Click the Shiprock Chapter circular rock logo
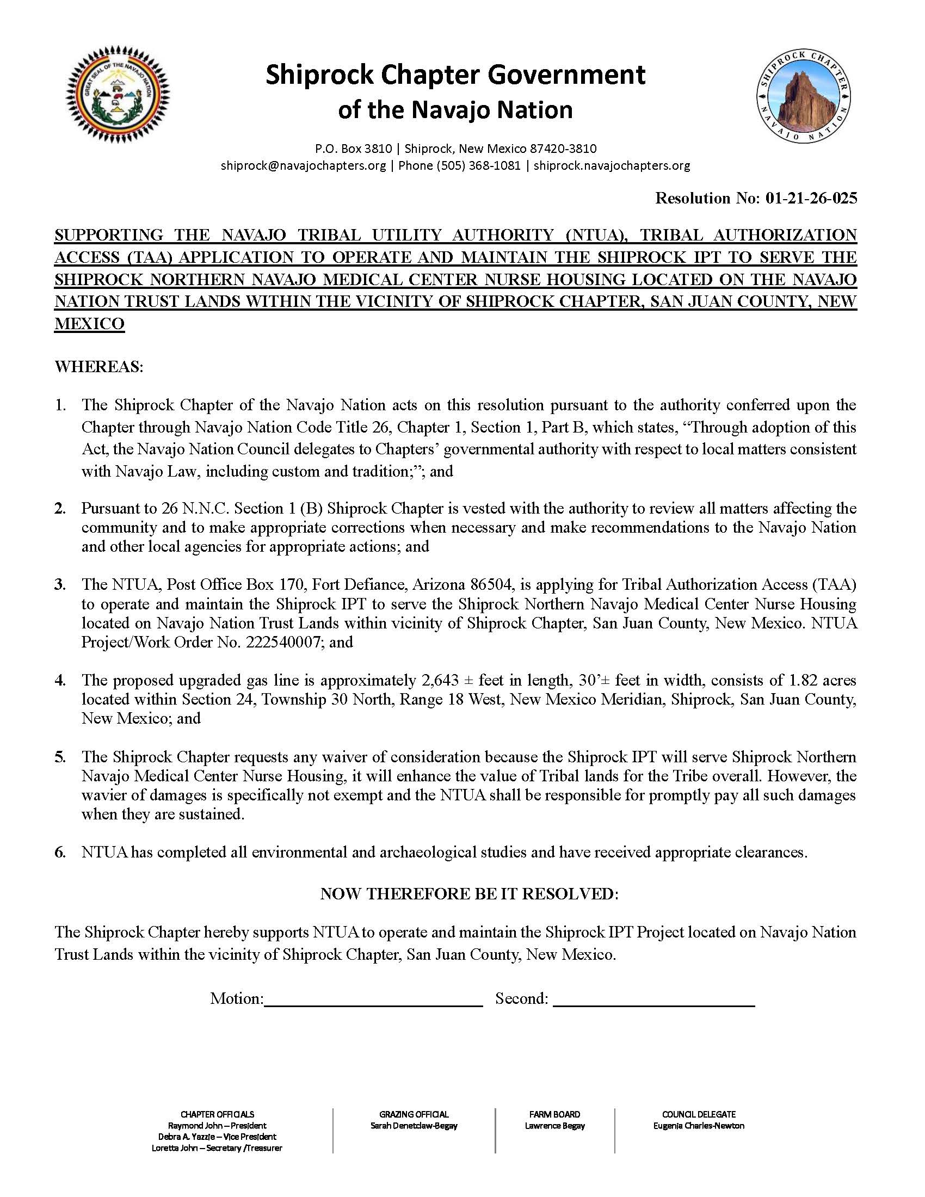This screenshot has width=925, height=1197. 803,97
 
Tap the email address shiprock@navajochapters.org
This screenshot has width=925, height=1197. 303,165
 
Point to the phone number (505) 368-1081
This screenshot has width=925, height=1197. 459,165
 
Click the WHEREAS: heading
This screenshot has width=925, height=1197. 98,367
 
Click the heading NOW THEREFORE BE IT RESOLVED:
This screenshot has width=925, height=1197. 469,894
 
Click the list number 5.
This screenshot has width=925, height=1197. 60,757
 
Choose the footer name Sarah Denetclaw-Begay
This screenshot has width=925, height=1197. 414,1126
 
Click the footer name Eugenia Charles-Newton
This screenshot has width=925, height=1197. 699,1126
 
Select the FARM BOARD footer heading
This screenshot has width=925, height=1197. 554,1114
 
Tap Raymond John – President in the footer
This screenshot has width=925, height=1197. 217,1126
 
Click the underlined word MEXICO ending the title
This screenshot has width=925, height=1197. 89,324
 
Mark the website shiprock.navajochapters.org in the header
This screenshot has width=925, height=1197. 612,165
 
